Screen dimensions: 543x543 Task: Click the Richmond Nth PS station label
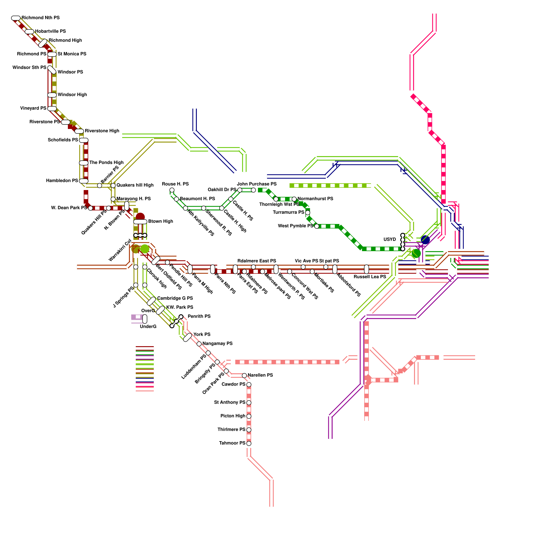pyautogui.click(x=40, y=18)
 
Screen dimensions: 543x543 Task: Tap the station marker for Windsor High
pyautogui.click(x=52, y=95)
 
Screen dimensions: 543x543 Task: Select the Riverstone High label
pyautogui.click(x=102, y=131)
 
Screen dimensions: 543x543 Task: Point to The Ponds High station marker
pyautogui.click(x=83, y=163)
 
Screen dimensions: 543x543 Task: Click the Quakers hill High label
pyautogui.click(x=135, y=185)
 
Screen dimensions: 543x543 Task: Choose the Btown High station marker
pyautogui.click(x=140, y=222)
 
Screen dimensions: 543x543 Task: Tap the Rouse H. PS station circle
pyautogui.click(x=172, y=190)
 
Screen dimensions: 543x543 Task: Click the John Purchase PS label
pyautogui.click(x=257, y=184)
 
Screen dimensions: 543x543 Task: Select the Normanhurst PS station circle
pyautogui.click(x=294, y=199)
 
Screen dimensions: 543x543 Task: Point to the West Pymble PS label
pyautogui.click(x=295, y=226)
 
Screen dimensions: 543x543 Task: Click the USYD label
pyautogui.click(x=390, y=240)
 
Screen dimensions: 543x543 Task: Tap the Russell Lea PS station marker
pyautogui.click(x=366, y=269)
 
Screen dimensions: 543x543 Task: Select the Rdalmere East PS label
pyautogui.click(x=257, y=261)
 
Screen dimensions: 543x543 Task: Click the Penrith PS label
pyautogui.click(x=199, y=316)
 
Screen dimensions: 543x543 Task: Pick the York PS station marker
pyautogui.click(x=187, y=337)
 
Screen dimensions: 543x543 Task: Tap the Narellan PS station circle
pyautogui.click(x=244, y=375)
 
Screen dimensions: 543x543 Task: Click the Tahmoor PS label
pyautogui.click(x=232, y=443)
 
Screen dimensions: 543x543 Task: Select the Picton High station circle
pyautogui.click(x=249, y=416)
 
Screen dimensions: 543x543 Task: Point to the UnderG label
pyautogui.click(x=148, y=326)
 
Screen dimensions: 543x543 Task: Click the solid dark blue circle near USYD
pyautogui.click(x=425, y=240)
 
